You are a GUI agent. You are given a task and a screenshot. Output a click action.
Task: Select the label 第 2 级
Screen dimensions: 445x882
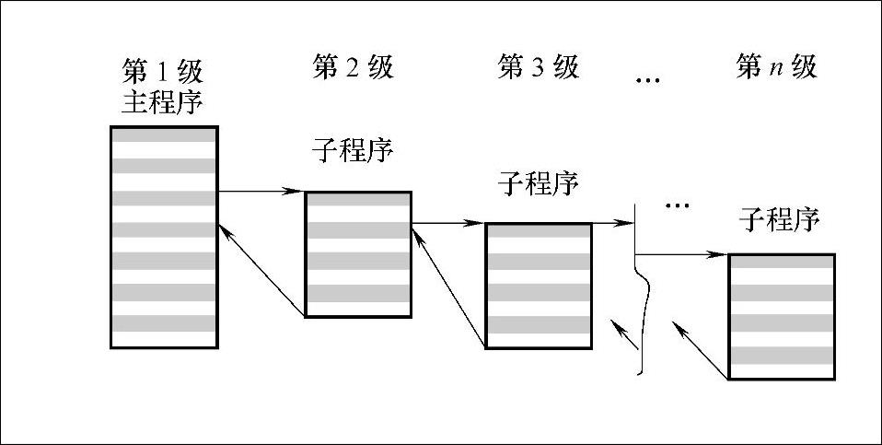click(354, 67)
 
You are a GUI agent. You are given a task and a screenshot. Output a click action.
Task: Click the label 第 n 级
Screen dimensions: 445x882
click(776, 67)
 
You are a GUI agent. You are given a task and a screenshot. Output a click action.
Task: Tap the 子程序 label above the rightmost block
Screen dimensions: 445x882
click(779, 219)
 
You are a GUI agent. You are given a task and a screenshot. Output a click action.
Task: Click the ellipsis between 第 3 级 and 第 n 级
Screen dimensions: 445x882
click(649, 81)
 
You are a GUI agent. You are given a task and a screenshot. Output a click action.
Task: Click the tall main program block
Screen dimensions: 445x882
click(164, 237)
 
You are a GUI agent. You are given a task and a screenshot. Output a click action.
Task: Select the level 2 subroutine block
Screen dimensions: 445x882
click(358, 255)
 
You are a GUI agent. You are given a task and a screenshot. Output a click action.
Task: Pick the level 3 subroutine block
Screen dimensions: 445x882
click(539, 286)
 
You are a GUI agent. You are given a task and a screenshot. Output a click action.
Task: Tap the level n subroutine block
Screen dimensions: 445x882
click(782, 317)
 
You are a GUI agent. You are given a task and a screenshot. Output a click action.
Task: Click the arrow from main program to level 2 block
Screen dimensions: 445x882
click(261, 192)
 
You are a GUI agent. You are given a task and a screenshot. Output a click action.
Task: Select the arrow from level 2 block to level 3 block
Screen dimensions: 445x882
click(447, 223)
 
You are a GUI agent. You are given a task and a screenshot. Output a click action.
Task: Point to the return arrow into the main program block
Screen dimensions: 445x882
click(261, 271)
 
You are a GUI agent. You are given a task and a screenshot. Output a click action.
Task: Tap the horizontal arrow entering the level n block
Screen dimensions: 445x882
click(682, 253)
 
